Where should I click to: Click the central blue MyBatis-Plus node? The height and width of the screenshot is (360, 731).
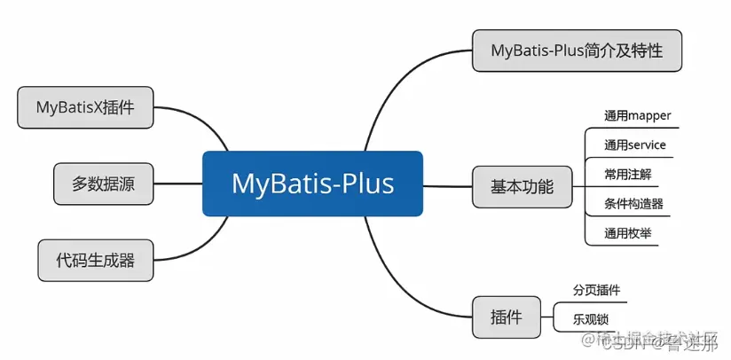312,184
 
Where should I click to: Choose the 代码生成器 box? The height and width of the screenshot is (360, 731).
96,261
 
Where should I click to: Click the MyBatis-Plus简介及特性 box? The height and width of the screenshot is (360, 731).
577,51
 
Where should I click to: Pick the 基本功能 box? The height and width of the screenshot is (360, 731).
522,186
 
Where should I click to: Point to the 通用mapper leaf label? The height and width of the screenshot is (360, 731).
637,115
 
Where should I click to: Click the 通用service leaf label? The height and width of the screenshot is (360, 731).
634,145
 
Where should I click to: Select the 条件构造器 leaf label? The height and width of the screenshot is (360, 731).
633,204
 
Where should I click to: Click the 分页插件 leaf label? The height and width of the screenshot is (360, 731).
596,290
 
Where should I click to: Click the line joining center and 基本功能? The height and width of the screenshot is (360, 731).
447,186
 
